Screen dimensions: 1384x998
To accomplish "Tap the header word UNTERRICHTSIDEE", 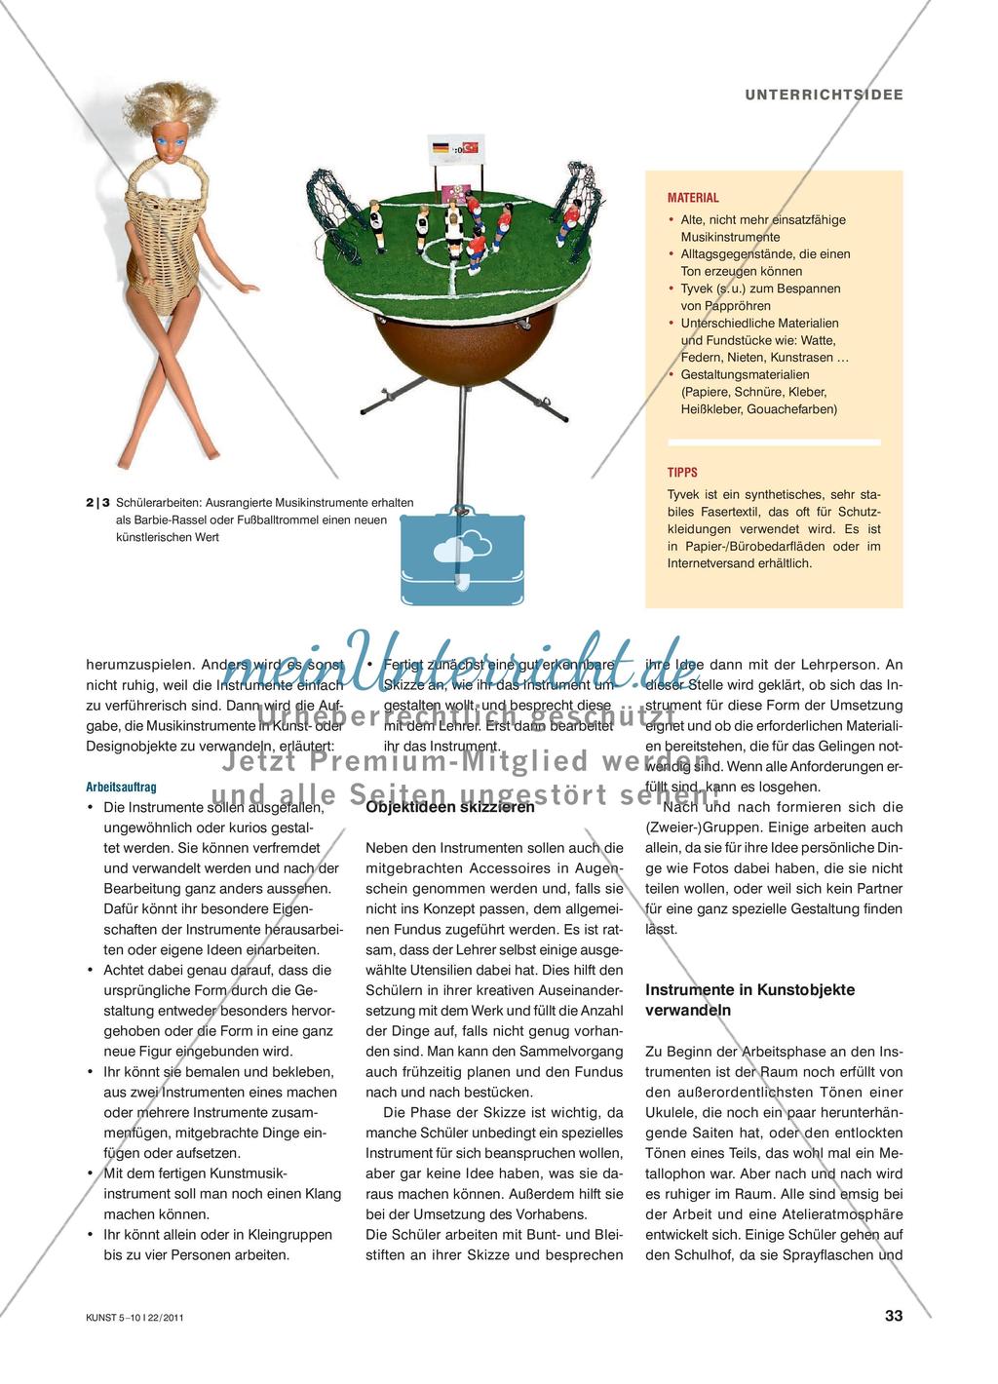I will pos(824,95).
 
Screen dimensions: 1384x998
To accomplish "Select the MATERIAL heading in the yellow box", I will pos(693,198).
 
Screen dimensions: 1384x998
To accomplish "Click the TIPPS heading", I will pos(682,473).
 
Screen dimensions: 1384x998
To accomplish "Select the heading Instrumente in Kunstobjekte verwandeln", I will pos(749,999).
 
